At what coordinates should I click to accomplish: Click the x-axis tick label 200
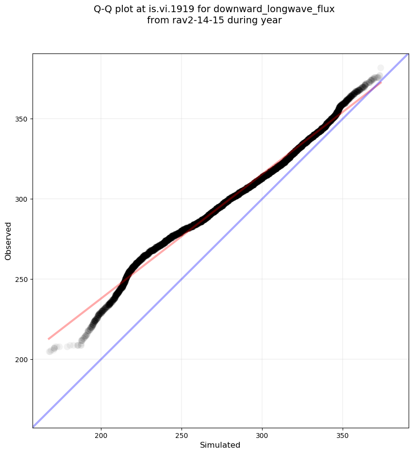click(101, 433)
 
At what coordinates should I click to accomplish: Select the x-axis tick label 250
click(182, 433)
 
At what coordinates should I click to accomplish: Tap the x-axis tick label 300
click(262, 433)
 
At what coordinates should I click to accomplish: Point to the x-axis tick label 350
click(343, 433)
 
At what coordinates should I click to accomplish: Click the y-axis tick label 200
click(22, 360)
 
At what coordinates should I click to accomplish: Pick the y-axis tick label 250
click(22, 279)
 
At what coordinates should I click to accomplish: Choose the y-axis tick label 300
click(22, 199)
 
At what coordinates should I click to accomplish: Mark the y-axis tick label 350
click(22, 119)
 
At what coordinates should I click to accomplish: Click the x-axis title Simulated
click(220, 445)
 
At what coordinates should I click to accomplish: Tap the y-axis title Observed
click(8, 241)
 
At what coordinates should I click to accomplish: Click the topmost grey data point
click(380, 68)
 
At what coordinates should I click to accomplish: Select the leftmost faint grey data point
click(50, 351)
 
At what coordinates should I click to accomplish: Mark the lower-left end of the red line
click(48, 339)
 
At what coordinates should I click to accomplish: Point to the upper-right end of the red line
click(381, 82)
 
